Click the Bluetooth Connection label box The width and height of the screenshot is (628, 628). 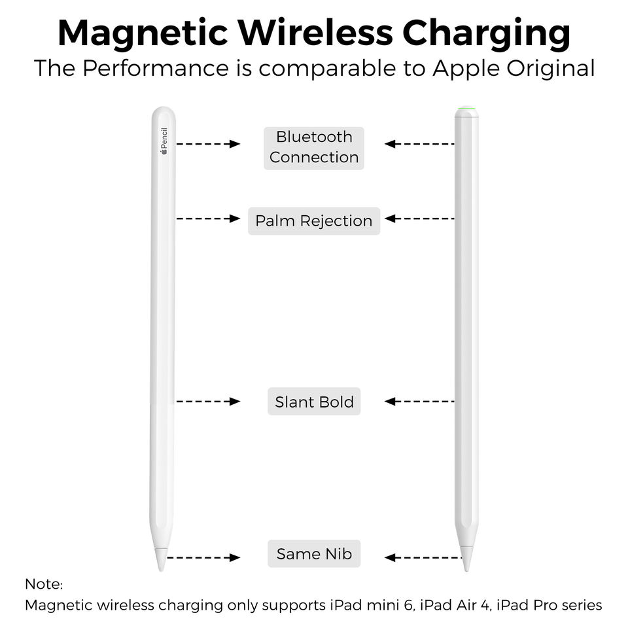[x=314, y=148]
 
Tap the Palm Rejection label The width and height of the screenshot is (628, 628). [x=314, y=221]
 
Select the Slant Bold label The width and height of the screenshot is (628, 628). [x=314, y=402]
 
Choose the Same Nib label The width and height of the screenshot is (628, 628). [x=314, y=554]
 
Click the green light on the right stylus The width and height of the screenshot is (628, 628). [x=466, y=109]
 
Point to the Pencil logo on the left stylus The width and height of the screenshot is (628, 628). [x=164, y=141]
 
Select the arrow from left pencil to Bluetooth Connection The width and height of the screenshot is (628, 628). [x=209, y=144]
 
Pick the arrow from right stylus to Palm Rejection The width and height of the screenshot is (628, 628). [x=419, y=218]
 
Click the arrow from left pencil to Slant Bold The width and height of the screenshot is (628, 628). [x=209, y=402]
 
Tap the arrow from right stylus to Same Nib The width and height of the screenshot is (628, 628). [x=423, y=558]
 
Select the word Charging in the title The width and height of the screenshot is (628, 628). [x=486, y=33]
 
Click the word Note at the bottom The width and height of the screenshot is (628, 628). [x=43, y=584]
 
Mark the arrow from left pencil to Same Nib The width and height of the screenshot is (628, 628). [x=203, y=558]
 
